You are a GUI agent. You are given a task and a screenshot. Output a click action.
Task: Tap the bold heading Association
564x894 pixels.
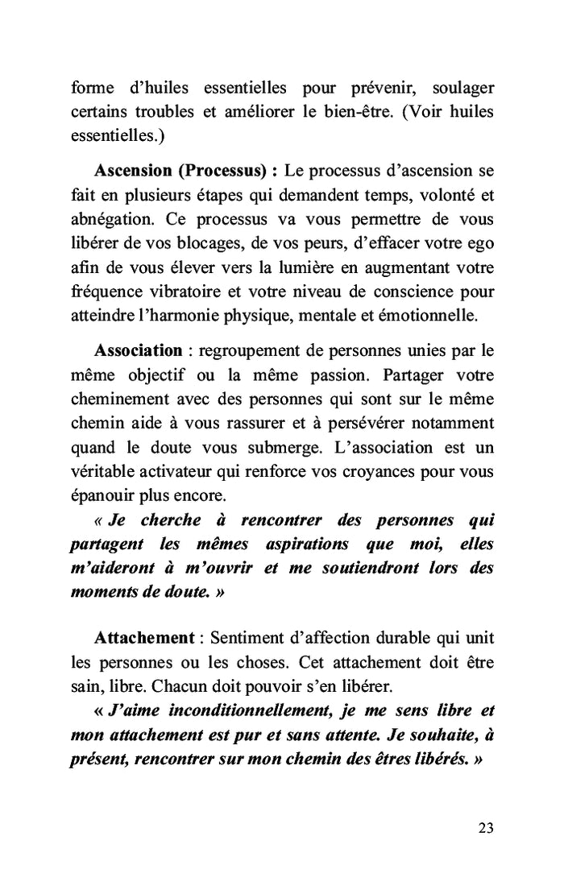(x=138, y=350)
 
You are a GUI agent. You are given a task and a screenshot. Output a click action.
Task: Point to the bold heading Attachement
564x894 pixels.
(x=144, y=637)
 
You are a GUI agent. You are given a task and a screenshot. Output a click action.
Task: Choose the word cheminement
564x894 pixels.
(x=118, y=399)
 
